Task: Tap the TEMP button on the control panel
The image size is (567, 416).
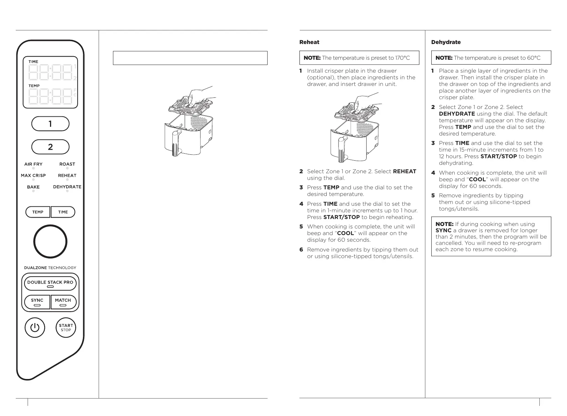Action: (x=38, y=212)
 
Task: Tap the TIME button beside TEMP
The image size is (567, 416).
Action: (x=63, y=212)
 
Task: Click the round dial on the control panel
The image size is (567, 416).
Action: (x=50, y=241)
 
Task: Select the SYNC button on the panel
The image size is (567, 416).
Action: (x=37, y=302)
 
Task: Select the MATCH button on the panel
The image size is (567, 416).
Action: (x=63, y=302)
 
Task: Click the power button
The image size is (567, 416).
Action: (x=35, y=328)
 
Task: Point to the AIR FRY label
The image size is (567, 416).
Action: (x=33, y=164)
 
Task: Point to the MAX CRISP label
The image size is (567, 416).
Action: (x=33, y=176)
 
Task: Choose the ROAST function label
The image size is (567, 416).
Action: (x=67, y=164)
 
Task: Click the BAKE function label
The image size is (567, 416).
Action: (x=33, y=187)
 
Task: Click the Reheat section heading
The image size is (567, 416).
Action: (x=309, y=42)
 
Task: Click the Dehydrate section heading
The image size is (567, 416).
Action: (x=446, y=42)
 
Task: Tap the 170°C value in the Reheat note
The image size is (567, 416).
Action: (x=402, y=58)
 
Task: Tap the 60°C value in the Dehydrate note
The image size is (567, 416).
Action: (x=533, y=58)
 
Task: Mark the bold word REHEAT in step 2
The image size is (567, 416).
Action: (x=405, y=171)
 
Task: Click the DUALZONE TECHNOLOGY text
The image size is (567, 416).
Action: (x=50, y=268)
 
